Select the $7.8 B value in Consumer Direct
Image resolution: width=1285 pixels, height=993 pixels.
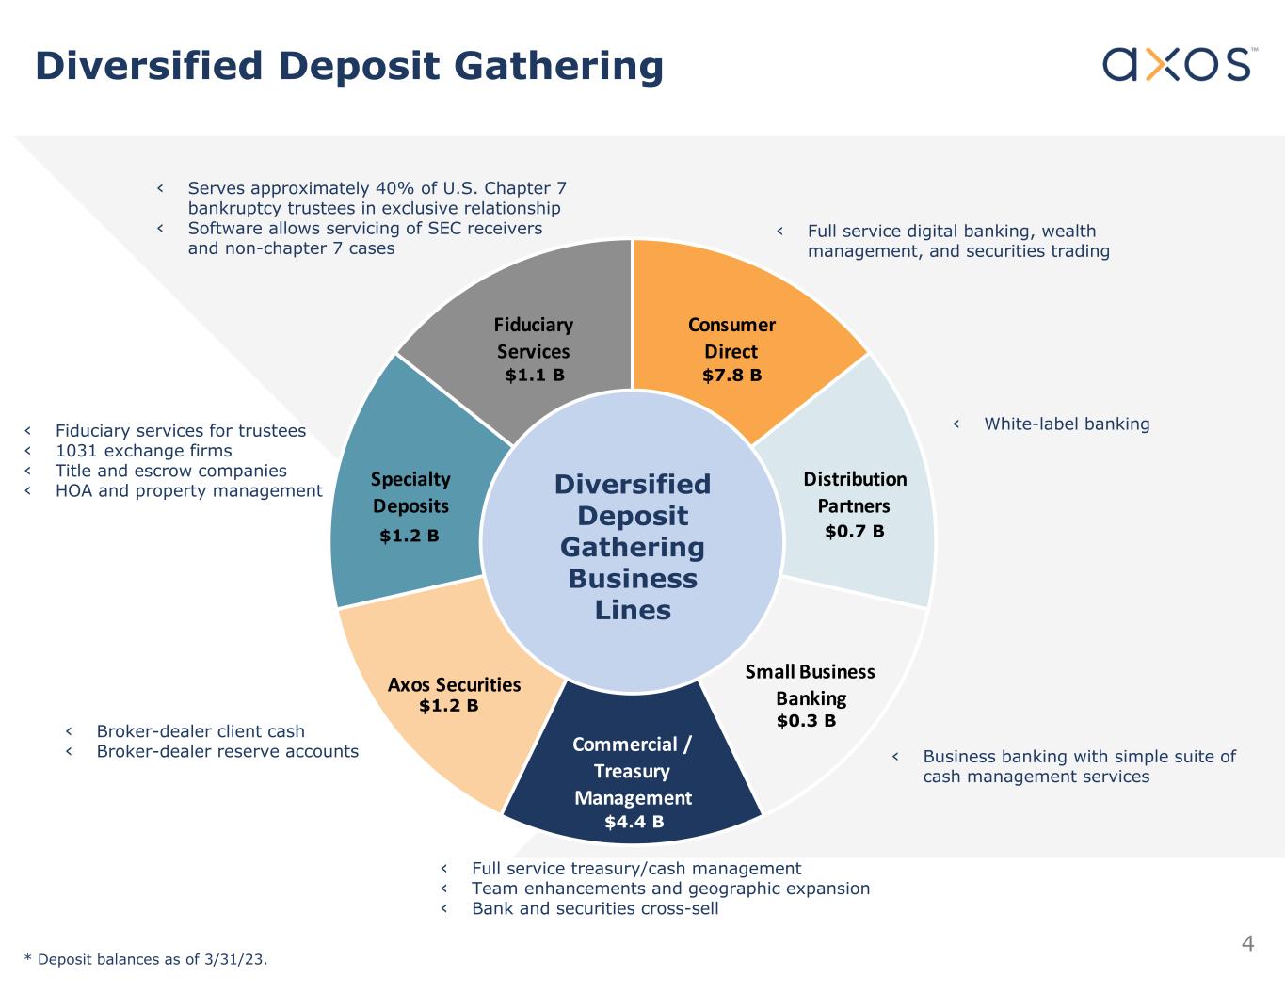click(x=732, y=376)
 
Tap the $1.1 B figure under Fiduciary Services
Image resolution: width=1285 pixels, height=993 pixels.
click(x=535, y=376)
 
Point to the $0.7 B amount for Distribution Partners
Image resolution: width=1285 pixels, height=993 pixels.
click(x=855, y=532)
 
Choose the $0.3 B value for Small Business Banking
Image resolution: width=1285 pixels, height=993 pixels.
click(x=806, y=721)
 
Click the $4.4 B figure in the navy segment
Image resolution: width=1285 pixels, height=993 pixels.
click(x=634, y=822)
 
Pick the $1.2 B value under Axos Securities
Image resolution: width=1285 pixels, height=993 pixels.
click(x=448, y=706)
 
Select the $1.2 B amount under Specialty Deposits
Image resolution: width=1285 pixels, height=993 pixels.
click(x=410, y=537)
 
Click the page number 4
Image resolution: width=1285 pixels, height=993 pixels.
click(x=1247, y=943)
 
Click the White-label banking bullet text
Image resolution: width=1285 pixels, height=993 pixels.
click(x=1067, y=424)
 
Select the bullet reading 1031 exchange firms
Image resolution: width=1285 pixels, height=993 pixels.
click(x=144, y=451)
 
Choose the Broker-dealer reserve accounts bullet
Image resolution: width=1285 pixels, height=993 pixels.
click(x=228, y=751)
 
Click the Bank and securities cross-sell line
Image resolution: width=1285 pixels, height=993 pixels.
click(x=595, y=908)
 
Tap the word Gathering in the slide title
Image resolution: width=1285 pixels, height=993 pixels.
click(x=558, y=66)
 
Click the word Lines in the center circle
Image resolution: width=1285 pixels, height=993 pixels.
click(x=633, y=610)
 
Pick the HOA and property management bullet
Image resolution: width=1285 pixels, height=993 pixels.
click(x=188, y=491)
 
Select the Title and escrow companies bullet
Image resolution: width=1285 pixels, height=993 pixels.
click(x=171, y=471)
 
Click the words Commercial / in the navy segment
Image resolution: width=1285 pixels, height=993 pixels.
click(x=632, y=745)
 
